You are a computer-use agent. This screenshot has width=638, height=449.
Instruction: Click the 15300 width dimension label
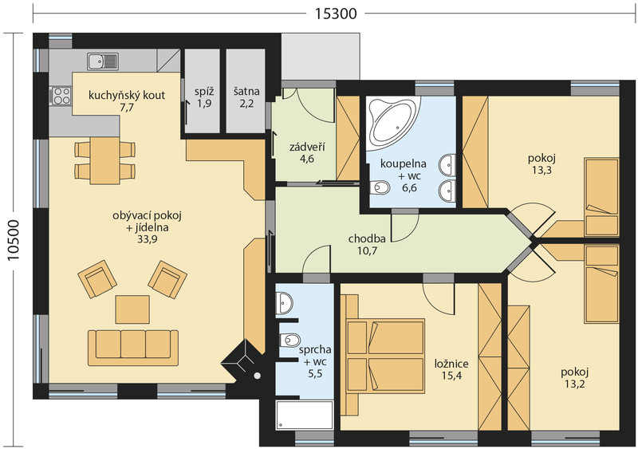pos(336,14)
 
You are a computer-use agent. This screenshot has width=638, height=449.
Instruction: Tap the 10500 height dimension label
pos(14,240)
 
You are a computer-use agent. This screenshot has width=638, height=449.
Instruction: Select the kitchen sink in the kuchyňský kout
pos(103,61)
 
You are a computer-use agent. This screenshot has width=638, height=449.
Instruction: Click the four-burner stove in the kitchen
pos(61,96)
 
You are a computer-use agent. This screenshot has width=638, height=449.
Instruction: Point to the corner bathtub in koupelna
pos(391,120)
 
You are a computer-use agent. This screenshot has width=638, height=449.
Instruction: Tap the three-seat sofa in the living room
pos(133,347)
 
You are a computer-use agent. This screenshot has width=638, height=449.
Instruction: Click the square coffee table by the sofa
pos(132,309)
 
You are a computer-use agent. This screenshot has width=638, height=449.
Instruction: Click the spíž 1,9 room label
pos(204,98)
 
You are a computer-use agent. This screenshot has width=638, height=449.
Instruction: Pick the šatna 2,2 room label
pos(246,98)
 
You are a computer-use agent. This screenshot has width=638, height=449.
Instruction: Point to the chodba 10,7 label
pos(367,245)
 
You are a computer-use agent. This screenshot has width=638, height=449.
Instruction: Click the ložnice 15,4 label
pos(451,369)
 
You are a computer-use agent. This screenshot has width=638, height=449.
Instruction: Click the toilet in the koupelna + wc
pos(380,187)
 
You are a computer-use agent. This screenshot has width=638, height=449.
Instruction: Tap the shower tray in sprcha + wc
pos(305,415)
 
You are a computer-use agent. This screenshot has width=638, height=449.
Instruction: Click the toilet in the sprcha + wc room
pos(289,339)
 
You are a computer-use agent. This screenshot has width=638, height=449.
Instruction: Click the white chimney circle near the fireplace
pos(257,376)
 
